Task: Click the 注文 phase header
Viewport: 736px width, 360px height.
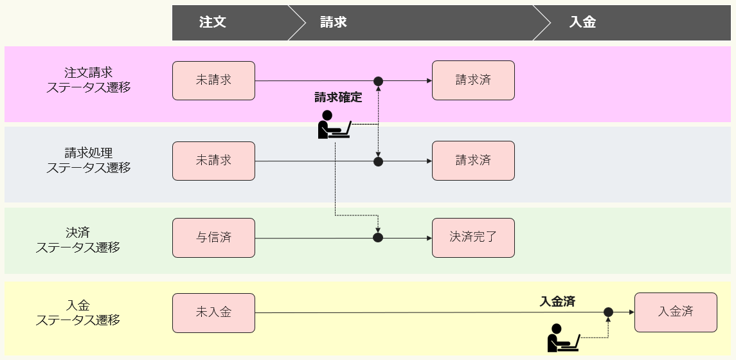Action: coord(213,22)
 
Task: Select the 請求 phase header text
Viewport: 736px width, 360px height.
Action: coord(334,22)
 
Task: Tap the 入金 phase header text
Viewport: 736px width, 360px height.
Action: coord(582,22)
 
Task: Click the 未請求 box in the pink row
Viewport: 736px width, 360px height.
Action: coord(213,81)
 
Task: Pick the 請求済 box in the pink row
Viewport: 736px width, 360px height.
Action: coord(473,80)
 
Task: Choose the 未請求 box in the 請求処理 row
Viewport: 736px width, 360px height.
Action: coord(213,161)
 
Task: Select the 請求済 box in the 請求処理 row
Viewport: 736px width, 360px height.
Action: coord(473,160)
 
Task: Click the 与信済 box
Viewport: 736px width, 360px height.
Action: coord(213,238)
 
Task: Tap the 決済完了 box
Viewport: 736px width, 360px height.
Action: coord(473,237)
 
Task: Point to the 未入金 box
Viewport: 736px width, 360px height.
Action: coord(213,313)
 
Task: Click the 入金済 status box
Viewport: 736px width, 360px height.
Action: coord(676,312)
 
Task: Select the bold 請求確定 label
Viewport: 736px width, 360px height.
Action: coord(338,98)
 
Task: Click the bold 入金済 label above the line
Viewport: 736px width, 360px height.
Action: coord(557,301)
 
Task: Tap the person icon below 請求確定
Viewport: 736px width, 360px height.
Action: coord(334,125)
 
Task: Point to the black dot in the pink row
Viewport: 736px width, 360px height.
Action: coord(379,81)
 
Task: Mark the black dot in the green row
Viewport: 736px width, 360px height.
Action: coord(378,238)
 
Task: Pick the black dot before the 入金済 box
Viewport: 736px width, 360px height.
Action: coord(608,312)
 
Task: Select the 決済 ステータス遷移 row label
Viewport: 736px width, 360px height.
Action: coord(78,240)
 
